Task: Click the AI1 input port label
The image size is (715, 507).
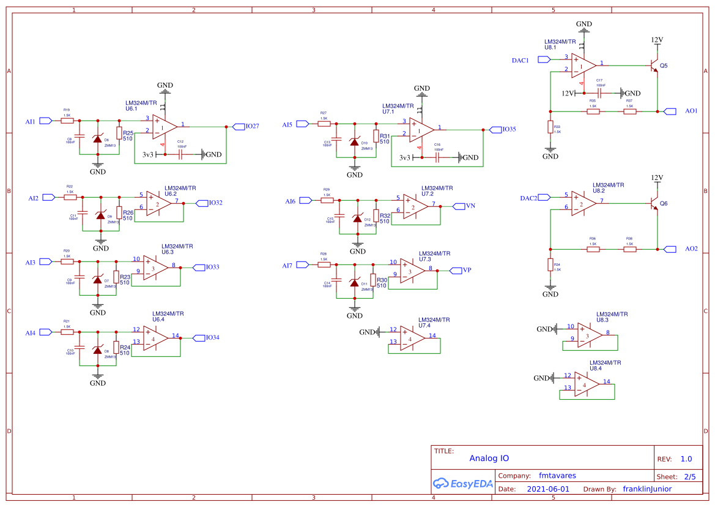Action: pyautogui.click(x=30, y=121)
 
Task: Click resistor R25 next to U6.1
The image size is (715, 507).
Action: pyautogui.click(x=119, y=133)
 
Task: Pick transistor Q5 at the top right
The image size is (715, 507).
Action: pyautogui.click(x=654, y=65)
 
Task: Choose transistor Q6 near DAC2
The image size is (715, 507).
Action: pyautogui.click(x=654, y=203)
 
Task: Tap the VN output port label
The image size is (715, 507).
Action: pyautogui.click(x=470, y=206)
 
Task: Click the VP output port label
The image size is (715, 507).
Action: pyautogui.click(x=467, y=270)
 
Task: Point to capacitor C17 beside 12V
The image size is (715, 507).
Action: pyautogui.click(x=600, y=93)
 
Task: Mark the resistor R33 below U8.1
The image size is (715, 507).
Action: pyautogui.click(x=550, y=127)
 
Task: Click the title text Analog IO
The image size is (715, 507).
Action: pyautogui.click(x=489, y=458)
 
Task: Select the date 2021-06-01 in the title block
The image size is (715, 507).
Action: pyautogui.click(x=547, y=489)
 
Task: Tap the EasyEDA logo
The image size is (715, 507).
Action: pyautogui.click(x=459, y=483)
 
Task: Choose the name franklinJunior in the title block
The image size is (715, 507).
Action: pyautogui.click(x=646, y=489)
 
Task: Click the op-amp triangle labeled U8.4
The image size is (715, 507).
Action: pyautogui.click(x=586, y=385)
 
